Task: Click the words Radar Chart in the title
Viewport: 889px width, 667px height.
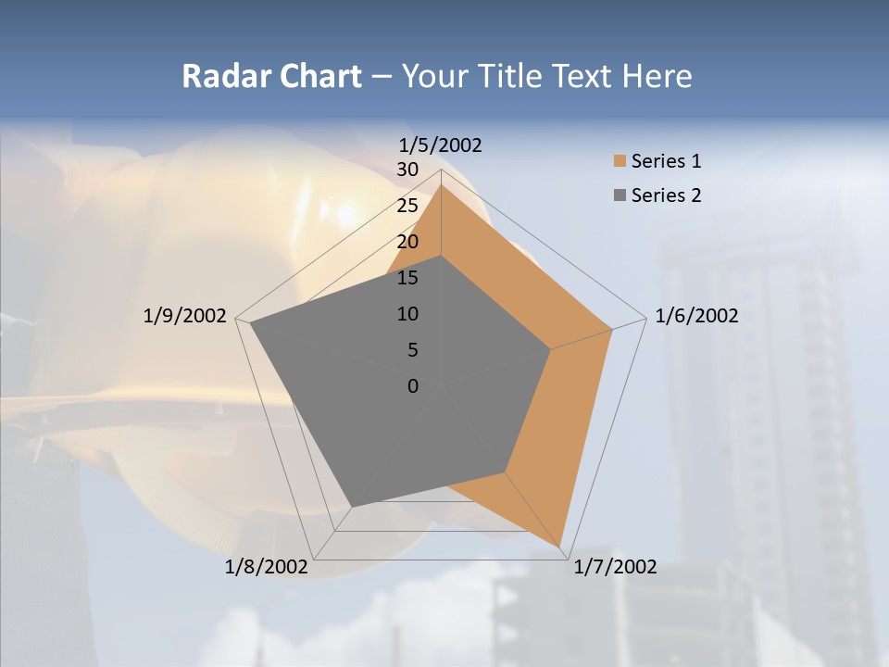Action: (x=271, y=76)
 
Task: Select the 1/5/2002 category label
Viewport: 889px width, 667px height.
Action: (x=441, y=145)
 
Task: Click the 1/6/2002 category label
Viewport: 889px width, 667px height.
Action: (x=696, y=316)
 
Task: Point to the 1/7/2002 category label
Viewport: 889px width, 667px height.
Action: (x=615, y=567)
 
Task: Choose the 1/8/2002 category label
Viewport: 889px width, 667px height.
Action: (x=267, y=567)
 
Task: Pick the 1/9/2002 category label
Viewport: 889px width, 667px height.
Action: (x=185, y=316)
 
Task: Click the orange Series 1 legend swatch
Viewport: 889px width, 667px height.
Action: (x=620, y=161)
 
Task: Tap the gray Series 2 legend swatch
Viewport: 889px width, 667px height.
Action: (x=620, y=195)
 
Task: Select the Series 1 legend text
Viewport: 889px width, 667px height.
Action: (x=666, y=161)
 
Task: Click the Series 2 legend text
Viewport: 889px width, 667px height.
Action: (x=666, y=195)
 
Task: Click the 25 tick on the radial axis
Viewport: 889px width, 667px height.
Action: (x=407, y=206)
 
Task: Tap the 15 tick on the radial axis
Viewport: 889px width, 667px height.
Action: (x=407, y=278)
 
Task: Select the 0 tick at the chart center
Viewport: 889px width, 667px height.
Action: (x=413, y=386)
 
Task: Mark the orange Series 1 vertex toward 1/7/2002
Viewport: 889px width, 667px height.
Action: (x=560, y=547)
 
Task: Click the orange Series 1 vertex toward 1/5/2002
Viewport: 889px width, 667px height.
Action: (x=441, y=184)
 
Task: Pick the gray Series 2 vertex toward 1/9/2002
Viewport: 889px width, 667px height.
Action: (x=251, y=323)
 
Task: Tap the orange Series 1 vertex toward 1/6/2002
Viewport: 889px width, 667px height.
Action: (x=611, y=329)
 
